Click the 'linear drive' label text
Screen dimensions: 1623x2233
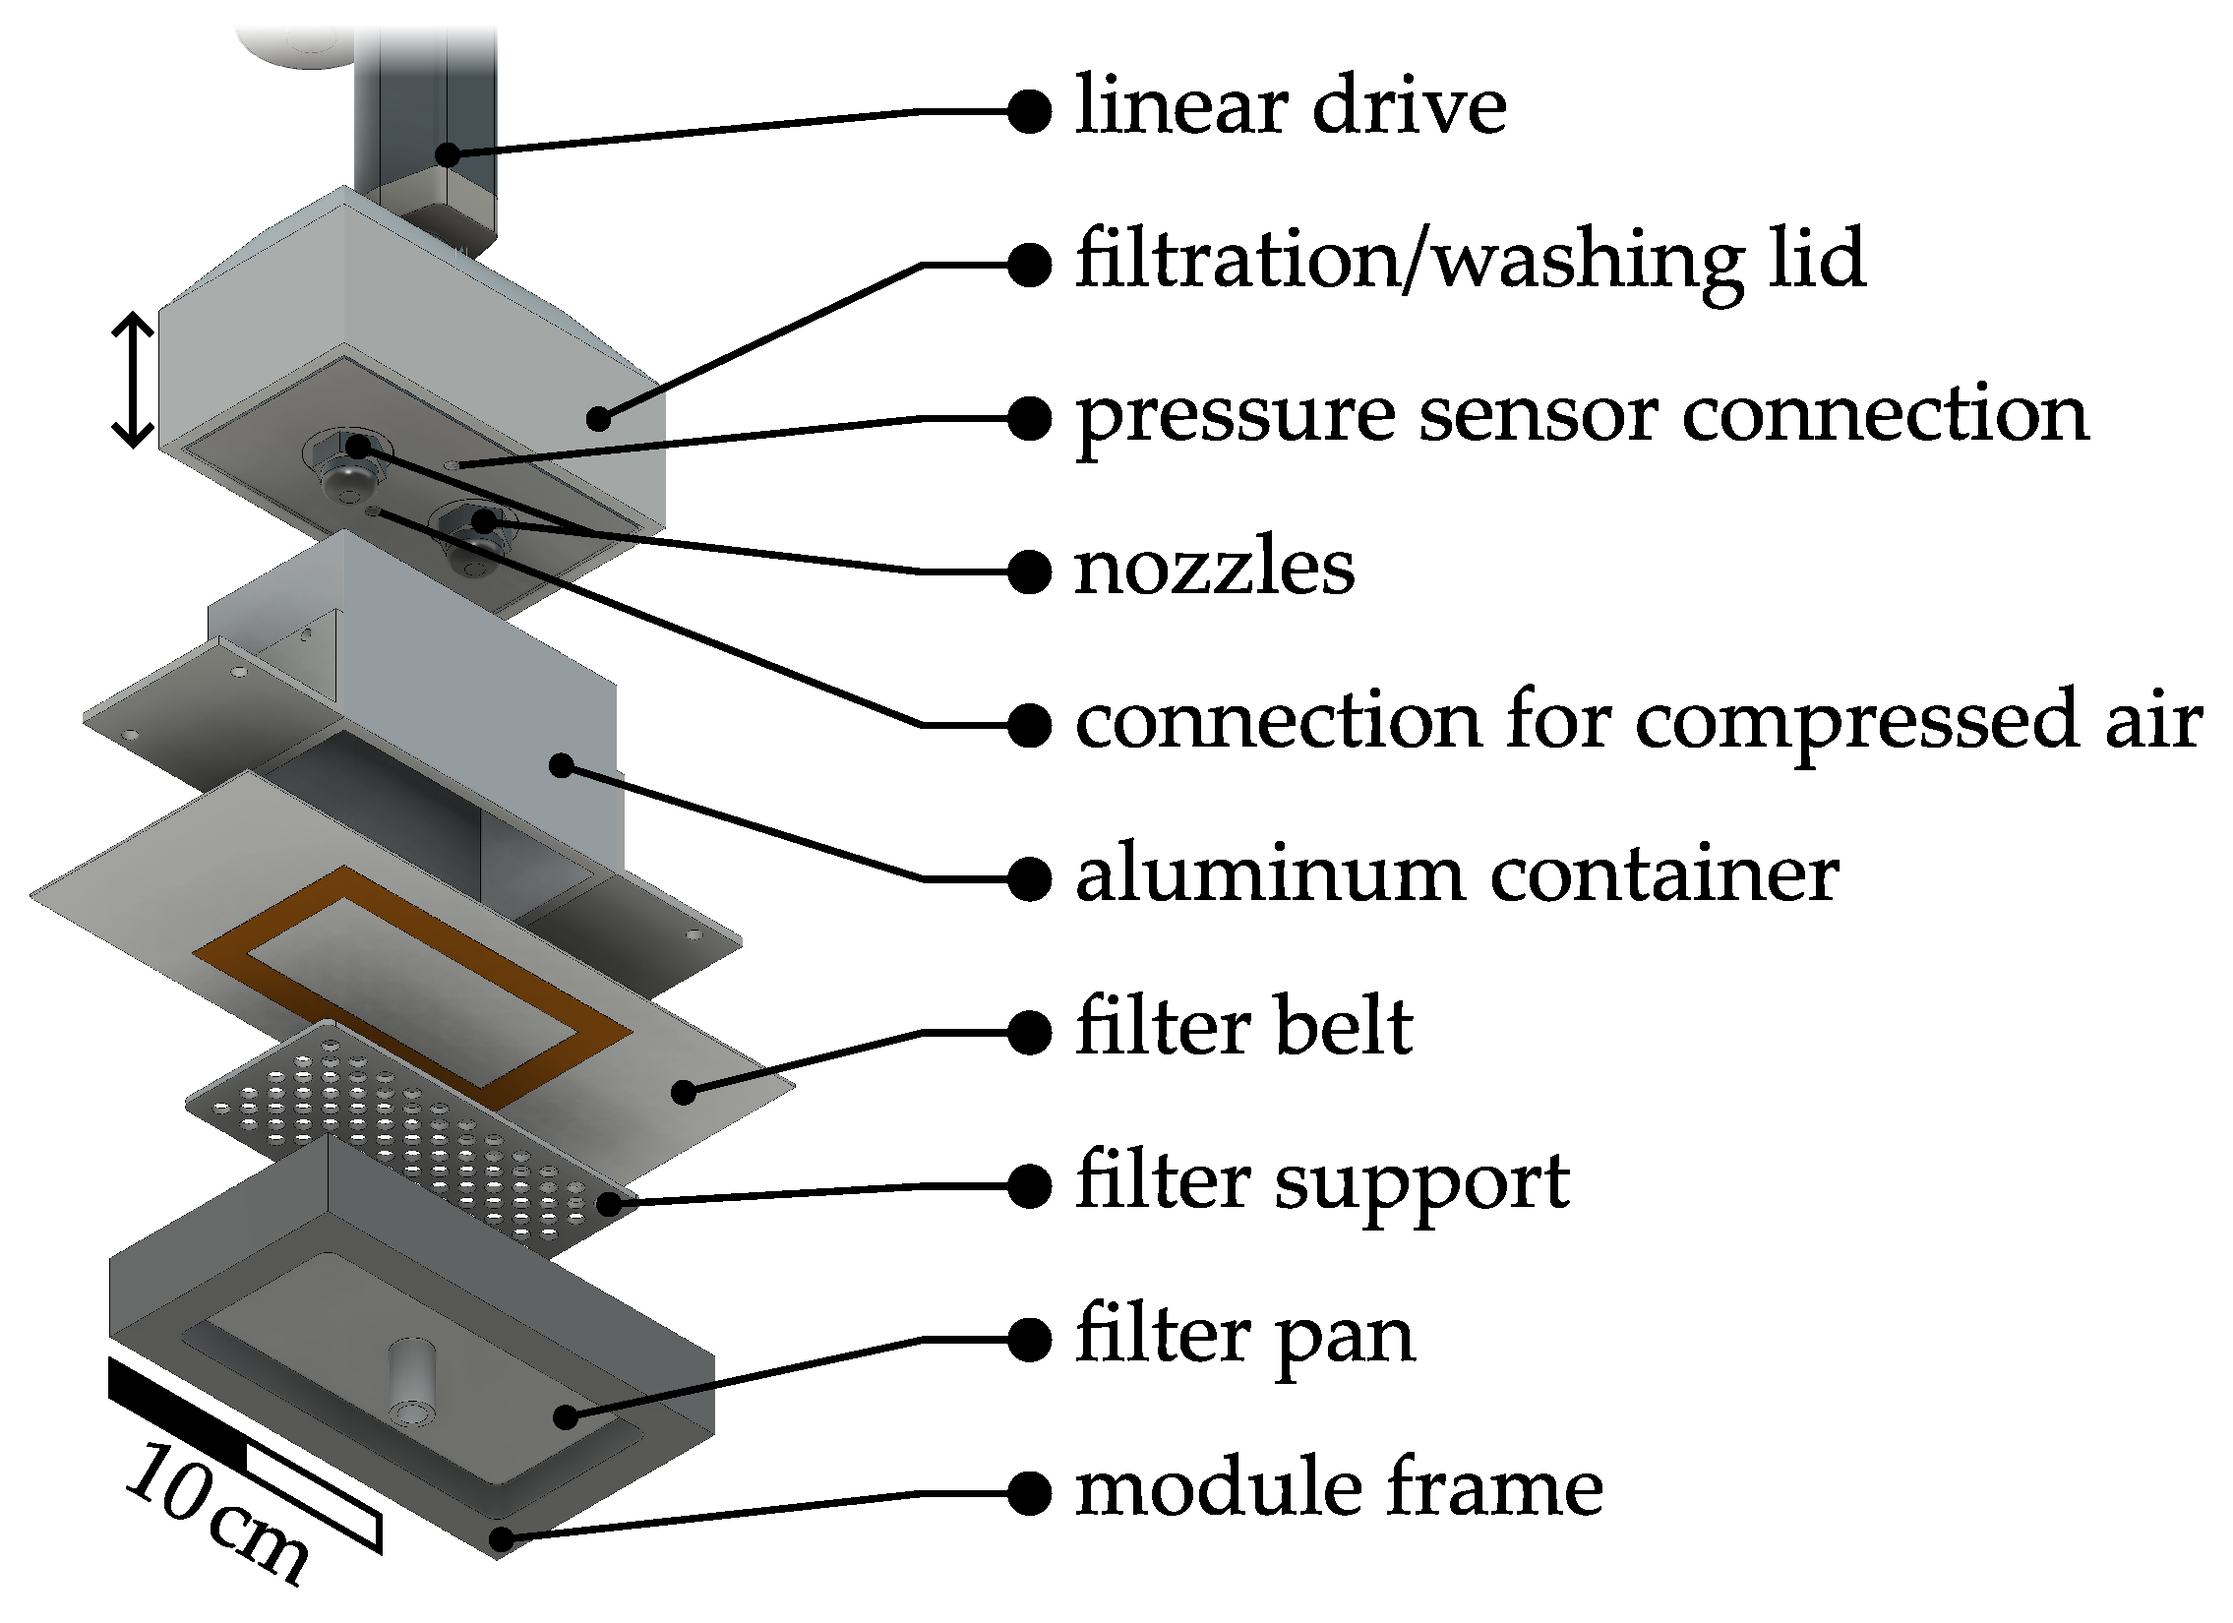coord(1290,106)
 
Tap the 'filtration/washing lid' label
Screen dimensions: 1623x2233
coord(1470,261)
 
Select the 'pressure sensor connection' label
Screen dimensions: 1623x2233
coord(1581,415)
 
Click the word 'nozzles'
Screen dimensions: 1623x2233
coord(1214,569)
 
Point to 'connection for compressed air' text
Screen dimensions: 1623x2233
coord(1638,722)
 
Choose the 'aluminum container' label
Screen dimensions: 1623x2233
coord(1456,876)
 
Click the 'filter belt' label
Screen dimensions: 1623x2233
coord(1244,1030)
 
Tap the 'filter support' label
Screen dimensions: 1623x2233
coord(1322,1183)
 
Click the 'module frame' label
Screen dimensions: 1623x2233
coord(1339,1490)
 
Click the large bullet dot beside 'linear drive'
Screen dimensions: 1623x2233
coord(1030,111)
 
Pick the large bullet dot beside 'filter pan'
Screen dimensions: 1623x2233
coord(1030,1341)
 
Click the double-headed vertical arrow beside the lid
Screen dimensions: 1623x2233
coord(133,380)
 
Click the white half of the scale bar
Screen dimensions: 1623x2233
coord(313,1496)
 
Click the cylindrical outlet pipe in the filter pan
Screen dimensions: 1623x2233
coord(411,1378)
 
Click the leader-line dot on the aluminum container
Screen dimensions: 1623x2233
coord(562,764)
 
